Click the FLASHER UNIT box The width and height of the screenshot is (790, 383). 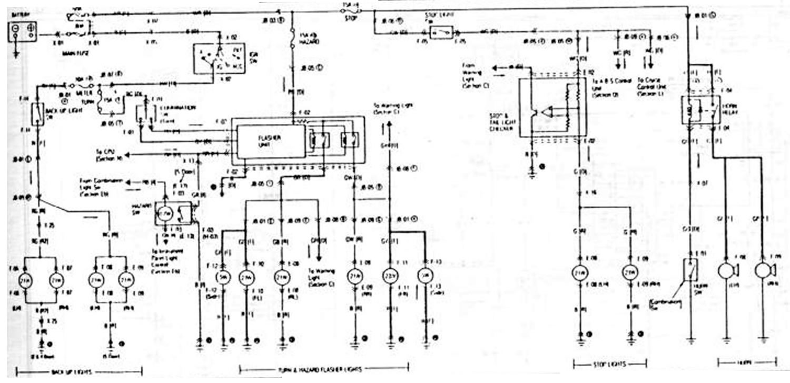click(x=270, y=141)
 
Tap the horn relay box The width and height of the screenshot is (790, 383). click(x=701, y=110)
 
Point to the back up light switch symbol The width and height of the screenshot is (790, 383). click(x=38, y=114)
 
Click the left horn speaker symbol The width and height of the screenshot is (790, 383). click(x=726, y=270)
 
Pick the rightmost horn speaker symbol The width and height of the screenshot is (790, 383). click(x=762, y=270)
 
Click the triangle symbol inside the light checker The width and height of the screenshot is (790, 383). click(x=548, y=112)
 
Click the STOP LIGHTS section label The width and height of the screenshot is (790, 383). click(x=609, y=365)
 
